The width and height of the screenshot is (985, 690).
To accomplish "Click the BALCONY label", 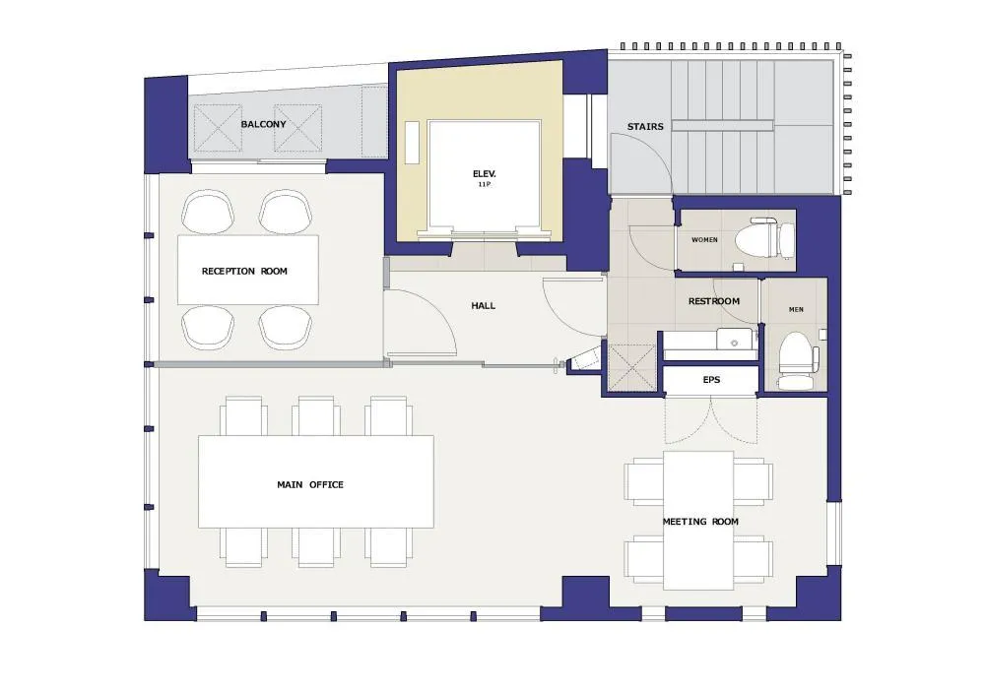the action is pyautogui.click(x=263, y=124).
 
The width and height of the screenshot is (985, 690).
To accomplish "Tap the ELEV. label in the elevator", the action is pyautogui.click(x=485, y=174).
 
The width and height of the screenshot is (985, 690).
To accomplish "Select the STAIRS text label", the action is pyautogui.click(x=645, y=127).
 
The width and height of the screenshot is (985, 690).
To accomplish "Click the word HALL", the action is pyautogui.click(x=483, y=306).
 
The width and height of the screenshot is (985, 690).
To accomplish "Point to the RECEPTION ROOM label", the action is pyautogui.click(x=244, y=272).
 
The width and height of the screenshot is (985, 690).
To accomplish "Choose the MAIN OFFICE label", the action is pyautogui.click(x=310, y=484).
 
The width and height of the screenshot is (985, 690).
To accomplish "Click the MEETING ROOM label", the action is pyautogui.click(x=700, y=522).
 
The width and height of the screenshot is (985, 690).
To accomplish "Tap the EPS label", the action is pyautogui.click(x=711, y=380).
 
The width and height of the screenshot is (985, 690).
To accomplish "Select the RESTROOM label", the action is pyautogui.click(x=713, y=301).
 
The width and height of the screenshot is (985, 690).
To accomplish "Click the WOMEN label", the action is pyautogui.click(x=704, y=240).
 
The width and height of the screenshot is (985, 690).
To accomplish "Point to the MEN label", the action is pyautogui.click(x=796, y=309).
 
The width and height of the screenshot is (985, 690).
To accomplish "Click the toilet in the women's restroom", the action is pyautogui.click(x=764, y=238).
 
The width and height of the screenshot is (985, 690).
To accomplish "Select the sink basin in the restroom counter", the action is pyautogui.click(x=735, y=338).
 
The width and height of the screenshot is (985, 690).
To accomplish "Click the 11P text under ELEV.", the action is pyautogui.click(x=484, y=185).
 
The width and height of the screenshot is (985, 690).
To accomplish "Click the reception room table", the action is pyautogui.click(x=248, y=270).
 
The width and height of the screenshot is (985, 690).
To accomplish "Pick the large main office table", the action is pyautogui.click(x=316, y=481).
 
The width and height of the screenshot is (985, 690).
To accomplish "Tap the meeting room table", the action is pyautogui.click(x=698, y=521).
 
